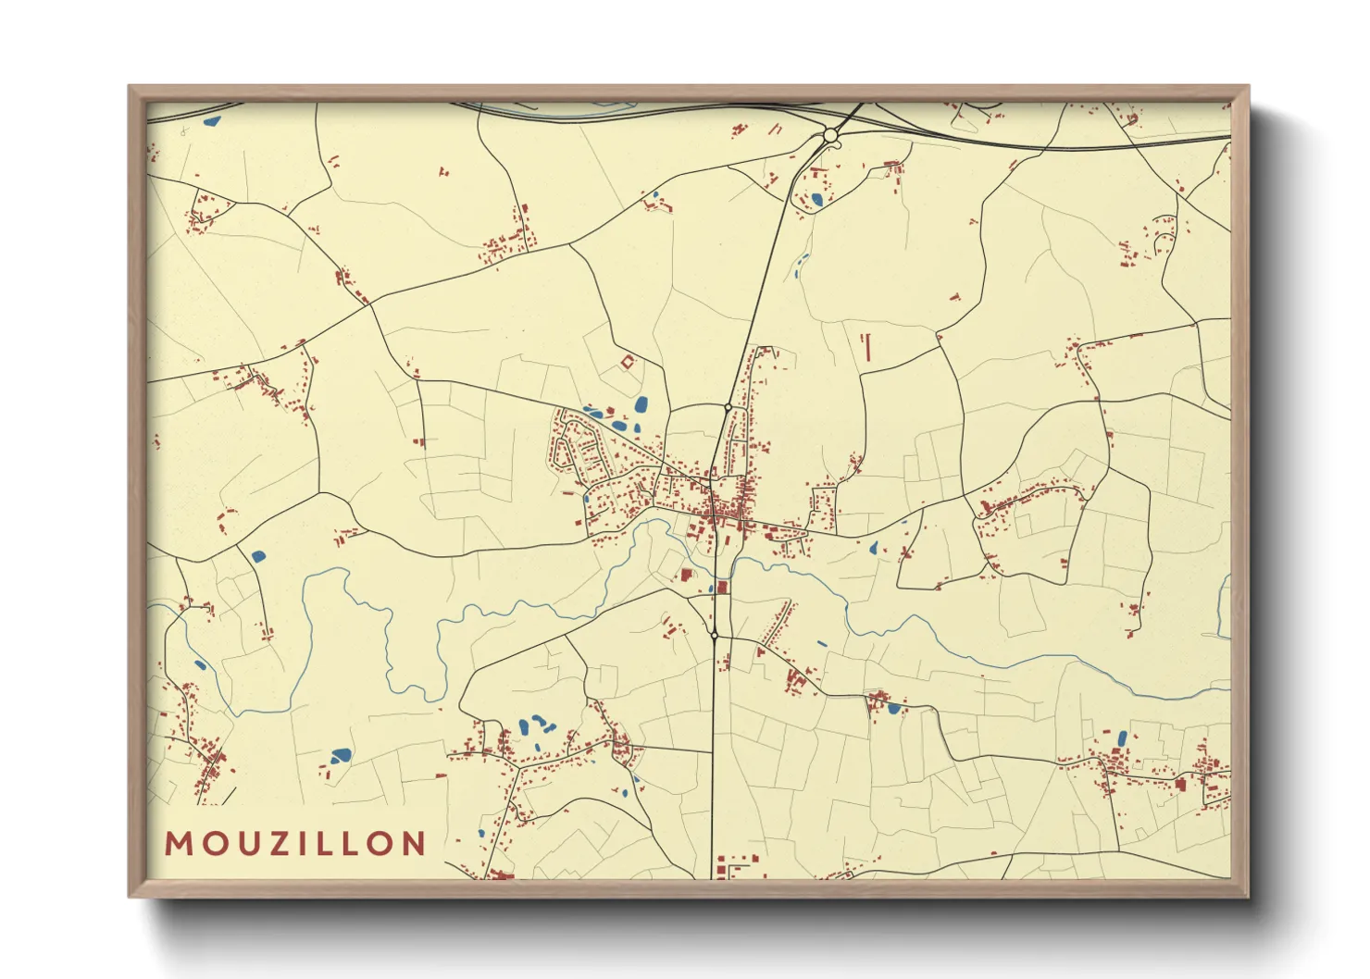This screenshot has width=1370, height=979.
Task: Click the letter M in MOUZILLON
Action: [x=178, y=843]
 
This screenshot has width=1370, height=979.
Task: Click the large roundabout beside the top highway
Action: [x=830, y=136]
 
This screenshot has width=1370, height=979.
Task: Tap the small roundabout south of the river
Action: [x=715, y=635]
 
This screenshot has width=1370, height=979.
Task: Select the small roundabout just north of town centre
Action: [x=729, y=407]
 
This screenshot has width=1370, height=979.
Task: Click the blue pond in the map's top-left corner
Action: [x=211, y=120]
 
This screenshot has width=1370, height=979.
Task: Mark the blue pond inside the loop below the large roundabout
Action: [x=816, y=198]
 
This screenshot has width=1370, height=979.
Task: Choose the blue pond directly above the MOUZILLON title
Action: [x=341, y=756]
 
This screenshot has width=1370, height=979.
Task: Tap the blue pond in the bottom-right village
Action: [x=1123, y=738]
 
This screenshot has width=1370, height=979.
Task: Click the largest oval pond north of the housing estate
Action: [x=641, y=405]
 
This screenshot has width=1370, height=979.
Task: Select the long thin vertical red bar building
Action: [x=868, y=348]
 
